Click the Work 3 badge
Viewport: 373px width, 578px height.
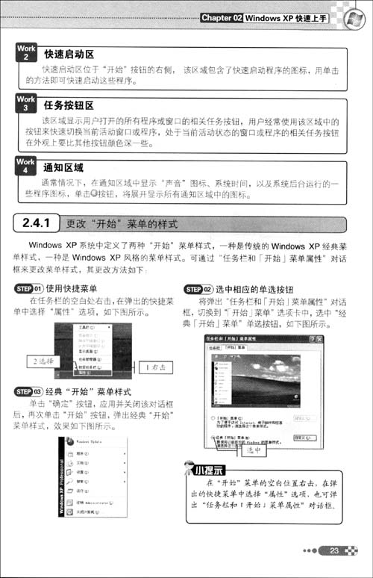[x=25, y=103]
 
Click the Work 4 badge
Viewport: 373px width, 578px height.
[x=25, y=165]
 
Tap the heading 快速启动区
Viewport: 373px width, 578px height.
[x=69, y=54]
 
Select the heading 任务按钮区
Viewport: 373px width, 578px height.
[x=69, y=105]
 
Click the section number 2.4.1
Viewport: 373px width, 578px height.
[x=42, y=223]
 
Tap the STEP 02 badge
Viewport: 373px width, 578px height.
[x=198, y=288]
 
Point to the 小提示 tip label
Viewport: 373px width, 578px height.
[x=209, y=470]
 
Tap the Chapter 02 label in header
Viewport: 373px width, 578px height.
[x=222, y=16]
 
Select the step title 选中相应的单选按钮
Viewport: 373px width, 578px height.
[x=251, y=288]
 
